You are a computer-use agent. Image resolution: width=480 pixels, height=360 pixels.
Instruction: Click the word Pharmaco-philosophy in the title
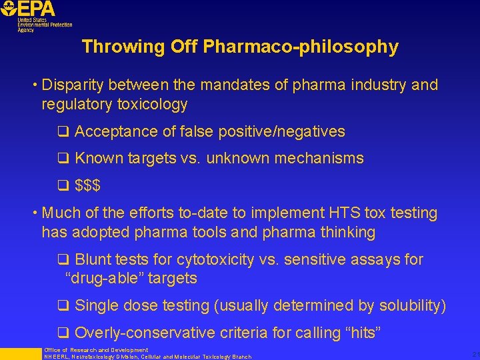301,47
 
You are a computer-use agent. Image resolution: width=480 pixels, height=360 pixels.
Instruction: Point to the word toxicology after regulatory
153,105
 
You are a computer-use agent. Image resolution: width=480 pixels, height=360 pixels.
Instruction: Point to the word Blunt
94,259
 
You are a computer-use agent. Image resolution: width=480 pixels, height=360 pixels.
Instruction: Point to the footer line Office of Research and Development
96,350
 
